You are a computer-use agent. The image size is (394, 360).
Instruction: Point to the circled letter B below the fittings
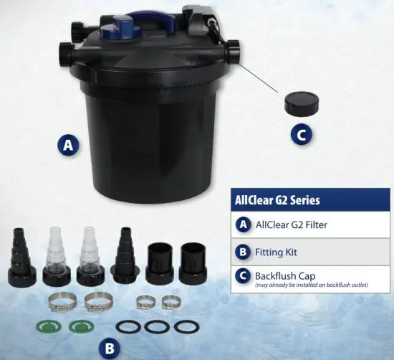pyautogui.click(x=109, y=348)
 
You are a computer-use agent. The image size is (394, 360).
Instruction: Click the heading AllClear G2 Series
pyautogui.click(x=278, y=200)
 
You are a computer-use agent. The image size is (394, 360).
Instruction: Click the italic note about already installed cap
pyautogui.click(x=311, y=285)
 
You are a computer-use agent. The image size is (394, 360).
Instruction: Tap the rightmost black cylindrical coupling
pyautogui.click(x=192, y=262)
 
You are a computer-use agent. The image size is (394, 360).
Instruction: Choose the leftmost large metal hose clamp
pyautogui.click(x=61, y=300)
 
